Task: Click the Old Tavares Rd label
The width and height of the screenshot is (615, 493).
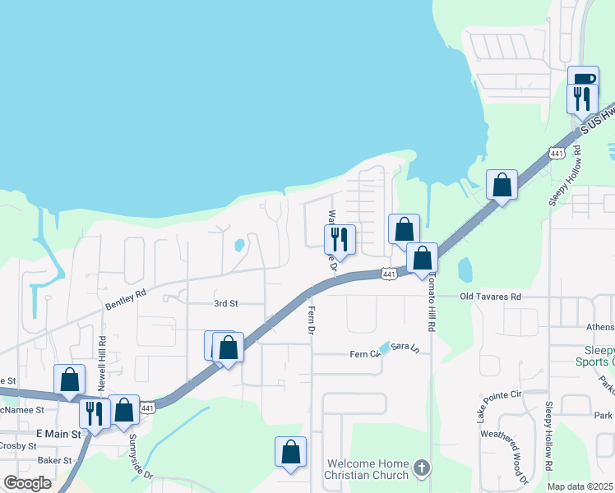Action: pos(490,296)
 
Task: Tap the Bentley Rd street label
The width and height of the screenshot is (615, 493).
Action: pos(125,298)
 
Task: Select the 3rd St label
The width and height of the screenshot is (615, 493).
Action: pos(225,303)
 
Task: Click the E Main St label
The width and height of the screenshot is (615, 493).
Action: pos(58,433)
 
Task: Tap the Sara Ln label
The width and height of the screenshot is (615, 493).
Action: pos(410,347)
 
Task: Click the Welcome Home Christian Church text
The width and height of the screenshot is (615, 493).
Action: pos(367,469)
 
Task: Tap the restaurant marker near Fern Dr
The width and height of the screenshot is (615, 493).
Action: pos(340,239)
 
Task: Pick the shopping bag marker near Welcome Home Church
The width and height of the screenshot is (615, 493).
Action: pos(290,451)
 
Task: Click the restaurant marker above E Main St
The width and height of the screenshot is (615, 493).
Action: pos(95,412)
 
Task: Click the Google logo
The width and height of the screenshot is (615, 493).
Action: pos(26,483)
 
